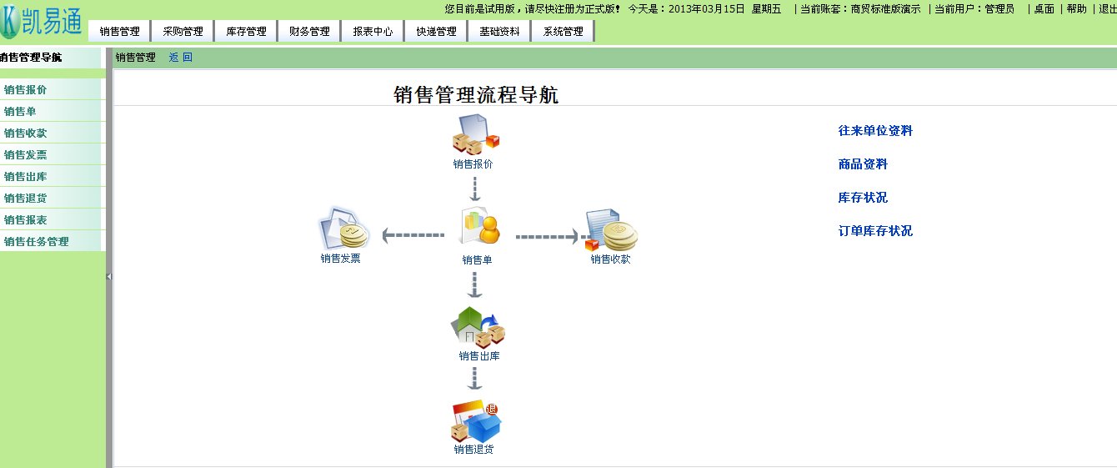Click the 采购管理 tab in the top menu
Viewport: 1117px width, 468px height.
[183, 32]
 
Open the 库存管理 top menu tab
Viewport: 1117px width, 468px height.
[246, 32]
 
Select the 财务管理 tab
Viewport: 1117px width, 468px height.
[309, 32]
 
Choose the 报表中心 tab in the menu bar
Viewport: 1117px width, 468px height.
[373, 32]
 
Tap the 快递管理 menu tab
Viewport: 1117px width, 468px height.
[436, 32]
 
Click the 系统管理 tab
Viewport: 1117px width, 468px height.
[563, 32]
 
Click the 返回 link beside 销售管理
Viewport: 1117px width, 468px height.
[181, 58]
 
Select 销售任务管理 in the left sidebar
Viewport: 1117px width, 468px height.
[36, 241]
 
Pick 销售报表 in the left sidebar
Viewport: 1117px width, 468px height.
[26, 220]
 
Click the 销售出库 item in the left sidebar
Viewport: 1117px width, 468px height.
[26, 177]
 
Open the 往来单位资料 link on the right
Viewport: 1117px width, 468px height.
[875, 131]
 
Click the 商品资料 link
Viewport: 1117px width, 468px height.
[863, 164]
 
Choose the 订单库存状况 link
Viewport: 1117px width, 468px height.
[875, 231]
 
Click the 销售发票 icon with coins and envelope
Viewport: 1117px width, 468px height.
[343, 228]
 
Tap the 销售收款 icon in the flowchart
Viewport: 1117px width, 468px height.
[611, 229]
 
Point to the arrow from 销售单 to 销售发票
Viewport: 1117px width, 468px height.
[413, 235]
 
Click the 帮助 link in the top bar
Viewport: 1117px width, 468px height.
[1076, 9]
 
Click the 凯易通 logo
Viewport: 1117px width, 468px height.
[42, 22]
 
